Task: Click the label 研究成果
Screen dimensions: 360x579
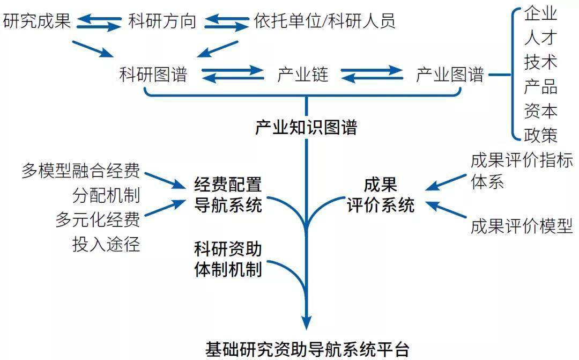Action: [x=36, y=21]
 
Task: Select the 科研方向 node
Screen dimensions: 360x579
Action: [x=162, y=21]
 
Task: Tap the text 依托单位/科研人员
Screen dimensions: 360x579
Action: [x=325, y=21]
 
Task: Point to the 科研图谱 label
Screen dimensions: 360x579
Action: [x=153, y=75]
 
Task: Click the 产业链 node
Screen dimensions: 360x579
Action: [x=302, y=75]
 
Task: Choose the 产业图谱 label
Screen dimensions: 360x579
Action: [x=450, y=75]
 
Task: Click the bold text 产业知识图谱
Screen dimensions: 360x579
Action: [x=306, y=128]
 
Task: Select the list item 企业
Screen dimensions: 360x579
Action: [x=540, y=14]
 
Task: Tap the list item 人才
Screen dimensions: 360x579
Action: [x=540, y=38]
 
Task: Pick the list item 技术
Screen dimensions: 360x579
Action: [x=540, y=62]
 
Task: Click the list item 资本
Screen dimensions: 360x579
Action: [x=540, y=111]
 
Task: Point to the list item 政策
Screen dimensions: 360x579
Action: [x=540, y=135]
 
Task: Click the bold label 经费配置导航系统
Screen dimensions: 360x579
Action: [x=228, y=195]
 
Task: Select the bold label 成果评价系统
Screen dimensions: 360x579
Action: [x=381, y=195]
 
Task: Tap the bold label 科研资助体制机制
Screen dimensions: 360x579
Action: [x=228, y=259]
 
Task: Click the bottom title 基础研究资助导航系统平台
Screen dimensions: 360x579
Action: [x=307, y=349]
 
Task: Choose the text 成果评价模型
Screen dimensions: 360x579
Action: [x=522, y=226]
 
